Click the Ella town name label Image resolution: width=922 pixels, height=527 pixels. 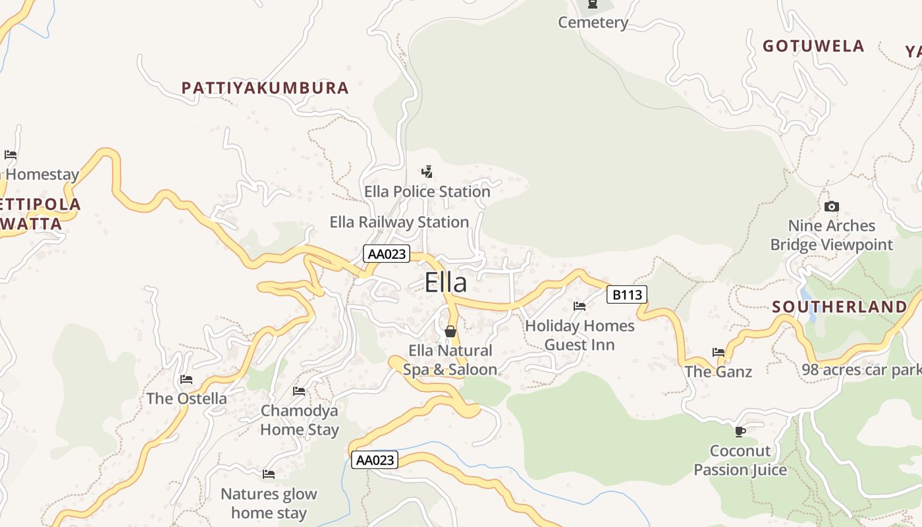[x=446, y=283]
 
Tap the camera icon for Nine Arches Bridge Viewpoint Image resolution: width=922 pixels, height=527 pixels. [x=831, y=207]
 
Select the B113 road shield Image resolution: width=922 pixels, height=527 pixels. [x=626, y=294]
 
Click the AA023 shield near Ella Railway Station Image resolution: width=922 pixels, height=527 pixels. [x=386, y=254]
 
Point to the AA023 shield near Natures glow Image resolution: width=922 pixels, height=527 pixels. [x=375, y=460]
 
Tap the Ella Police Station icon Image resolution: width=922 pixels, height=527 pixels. [x=427, y=172]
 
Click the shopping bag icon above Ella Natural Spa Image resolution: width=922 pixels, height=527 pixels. [x=450, y=331]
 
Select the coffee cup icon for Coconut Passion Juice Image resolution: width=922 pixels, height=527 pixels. [x=740, y=432]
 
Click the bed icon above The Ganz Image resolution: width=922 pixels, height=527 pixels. [x=718, y=352]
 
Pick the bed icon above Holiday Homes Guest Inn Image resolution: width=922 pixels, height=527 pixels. [x=580, y=306]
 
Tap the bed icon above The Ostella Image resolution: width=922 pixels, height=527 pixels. [x=186, y=379]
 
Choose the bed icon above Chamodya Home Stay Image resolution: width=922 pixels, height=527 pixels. [x=299, y=391]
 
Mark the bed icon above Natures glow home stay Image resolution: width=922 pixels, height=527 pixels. [x=269, y=474]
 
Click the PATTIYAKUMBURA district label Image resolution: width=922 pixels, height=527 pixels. [x=265, y=88]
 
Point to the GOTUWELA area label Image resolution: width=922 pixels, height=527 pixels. [x=813, y=46]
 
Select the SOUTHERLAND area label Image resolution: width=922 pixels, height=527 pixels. [x=839, y=307]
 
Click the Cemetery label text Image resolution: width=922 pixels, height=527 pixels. [x=593, y=23]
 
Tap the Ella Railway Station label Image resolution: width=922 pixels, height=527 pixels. [x=399, y=222]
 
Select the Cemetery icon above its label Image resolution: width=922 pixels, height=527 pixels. [x=593, y=4]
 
